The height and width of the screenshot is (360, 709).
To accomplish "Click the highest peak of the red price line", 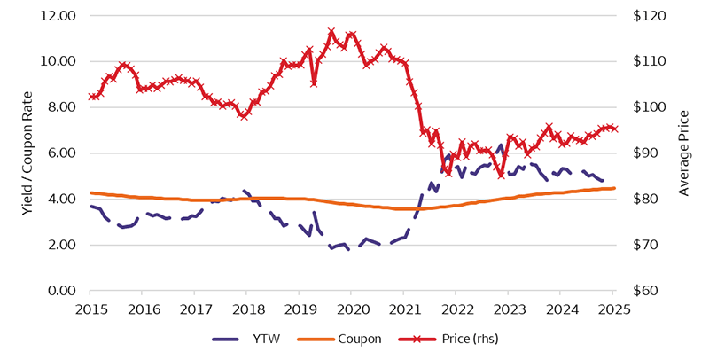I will tap(331, 31).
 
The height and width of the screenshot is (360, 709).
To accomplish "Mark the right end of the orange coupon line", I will tap(615, 188).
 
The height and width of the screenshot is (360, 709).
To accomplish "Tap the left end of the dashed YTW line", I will tap(91, 206).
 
